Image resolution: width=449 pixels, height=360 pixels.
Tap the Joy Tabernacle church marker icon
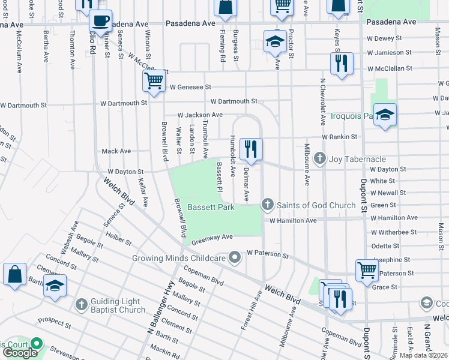320,158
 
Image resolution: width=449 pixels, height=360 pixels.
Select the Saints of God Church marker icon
268,205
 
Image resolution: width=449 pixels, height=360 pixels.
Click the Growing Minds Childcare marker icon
235,257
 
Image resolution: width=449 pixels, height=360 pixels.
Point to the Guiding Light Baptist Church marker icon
82,305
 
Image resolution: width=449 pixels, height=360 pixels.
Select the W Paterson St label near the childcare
268,254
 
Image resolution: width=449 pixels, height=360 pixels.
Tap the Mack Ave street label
116,151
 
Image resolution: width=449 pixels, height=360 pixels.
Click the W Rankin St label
340,137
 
